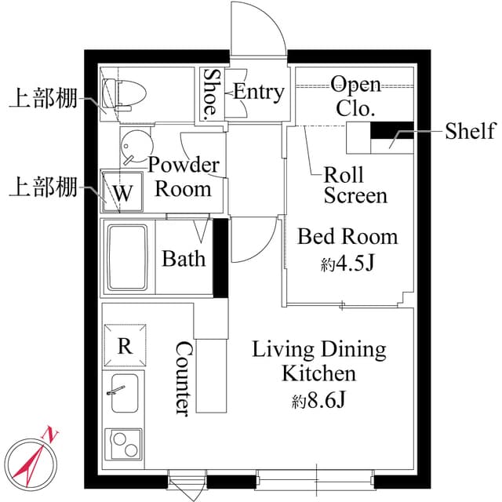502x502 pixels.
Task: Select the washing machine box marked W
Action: [x=121, y=191]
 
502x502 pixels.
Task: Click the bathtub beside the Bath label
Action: [x=129, y=258]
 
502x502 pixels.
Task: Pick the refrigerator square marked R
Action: [x=124, y=346]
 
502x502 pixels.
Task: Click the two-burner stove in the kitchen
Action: [x=124, y=448]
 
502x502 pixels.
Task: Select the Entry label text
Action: [x=258, y=92]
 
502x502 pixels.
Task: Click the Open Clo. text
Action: [x=355, y=95]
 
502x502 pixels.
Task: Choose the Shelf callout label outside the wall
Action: [x=470, y=130]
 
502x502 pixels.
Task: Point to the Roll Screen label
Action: [x=355, y=184]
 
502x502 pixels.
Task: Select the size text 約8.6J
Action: [x=319, y=402]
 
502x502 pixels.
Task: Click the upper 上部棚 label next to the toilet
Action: [x=42, y=100]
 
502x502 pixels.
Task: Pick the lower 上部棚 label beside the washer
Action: [x=42, y=187]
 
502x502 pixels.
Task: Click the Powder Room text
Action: [x=184, y=177]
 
